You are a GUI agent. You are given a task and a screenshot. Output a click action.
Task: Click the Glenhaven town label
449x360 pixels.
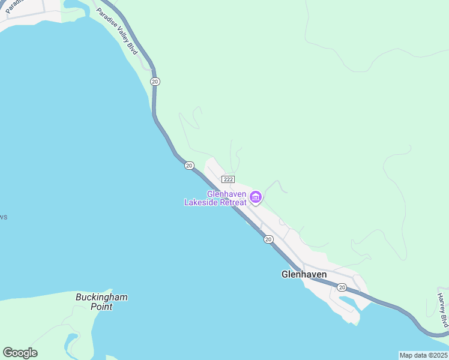[304, 274]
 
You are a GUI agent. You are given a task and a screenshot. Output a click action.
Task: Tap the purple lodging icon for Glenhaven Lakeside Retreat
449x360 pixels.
[256, 197]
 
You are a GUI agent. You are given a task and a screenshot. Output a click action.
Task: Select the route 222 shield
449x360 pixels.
[228, 179]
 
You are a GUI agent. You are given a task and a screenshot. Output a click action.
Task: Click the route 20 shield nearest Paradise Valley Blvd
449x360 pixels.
[155, 81]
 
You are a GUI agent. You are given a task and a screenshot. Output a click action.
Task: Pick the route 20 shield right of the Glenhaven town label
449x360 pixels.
[342, 287]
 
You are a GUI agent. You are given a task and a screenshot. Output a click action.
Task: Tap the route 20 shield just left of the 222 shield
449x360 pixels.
[189, 166]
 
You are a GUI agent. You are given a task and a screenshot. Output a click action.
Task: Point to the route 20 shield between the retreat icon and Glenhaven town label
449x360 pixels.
[268, 239]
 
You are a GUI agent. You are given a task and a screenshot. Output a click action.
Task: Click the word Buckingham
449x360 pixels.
[101, 297]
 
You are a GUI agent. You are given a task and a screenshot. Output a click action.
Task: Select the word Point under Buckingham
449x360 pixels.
[101, 307]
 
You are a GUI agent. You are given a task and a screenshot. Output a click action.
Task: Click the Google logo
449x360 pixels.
[20, 352]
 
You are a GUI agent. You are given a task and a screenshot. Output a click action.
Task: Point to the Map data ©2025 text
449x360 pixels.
[423, 355]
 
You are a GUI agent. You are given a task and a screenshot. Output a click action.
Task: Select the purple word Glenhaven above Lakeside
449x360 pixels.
[228, 194]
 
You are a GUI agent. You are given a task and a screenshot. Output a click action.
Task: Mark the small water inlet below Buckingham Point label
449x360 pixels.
[72, 343]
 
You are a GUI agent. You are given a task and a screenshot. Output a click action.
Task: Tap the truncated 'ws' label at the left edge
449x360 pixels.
[3, 217]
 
